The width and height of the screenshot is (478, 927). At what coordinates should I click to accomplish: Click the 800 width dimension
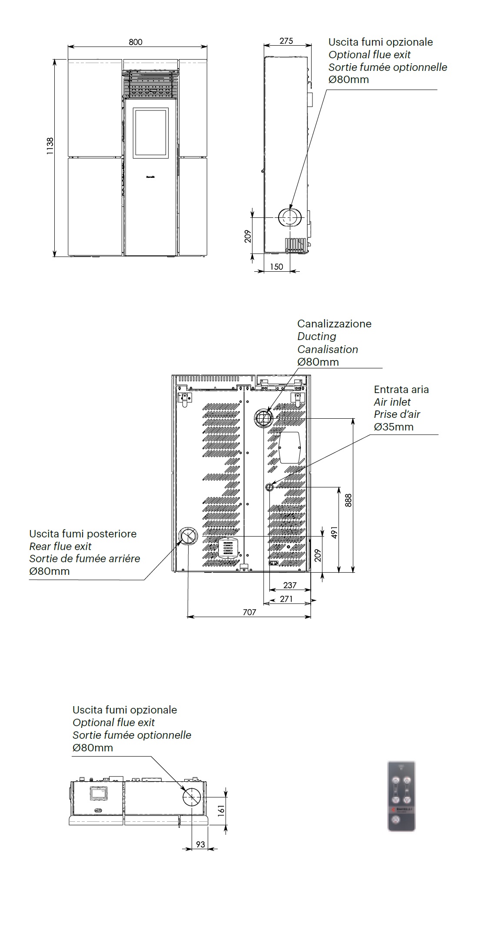tap(136, 42)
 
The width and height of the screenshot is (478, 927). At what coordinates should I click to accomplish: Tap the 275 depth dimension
tap(286, 41)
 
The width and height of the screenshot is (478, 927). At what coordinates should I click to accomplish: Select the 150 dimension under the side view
tap(276, 267)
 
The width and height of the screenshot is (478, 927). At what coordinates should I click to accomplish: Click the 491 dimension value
tap(334, 532)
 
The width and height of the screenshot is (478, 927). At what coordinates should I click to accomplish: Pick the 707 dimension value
tap(249, 612)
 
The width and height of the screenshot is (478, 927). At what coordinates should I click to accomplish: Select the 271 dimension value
tap(286, 599)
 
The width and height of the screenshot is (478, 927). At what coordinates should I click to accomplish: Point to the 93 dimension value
tap(200, 844)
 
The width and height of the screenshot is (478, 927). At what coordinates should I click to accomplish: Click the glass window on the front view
tap(151, 132)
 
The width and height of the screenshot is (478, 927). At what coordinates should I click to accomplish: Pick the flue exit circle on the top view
tap(192, 797)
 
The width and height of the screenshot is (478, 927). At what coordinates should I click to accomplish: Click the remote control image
tap(401, 796)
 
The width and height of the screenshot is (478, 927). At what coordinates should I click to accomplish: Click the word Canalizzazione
tap(334, 323)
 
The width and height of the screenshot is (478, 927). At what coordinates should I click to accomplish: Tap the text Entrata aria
tap(401, 389)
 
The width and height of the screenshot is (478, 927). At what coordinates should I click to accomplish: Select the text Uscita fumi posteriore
tap(83, 534)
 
